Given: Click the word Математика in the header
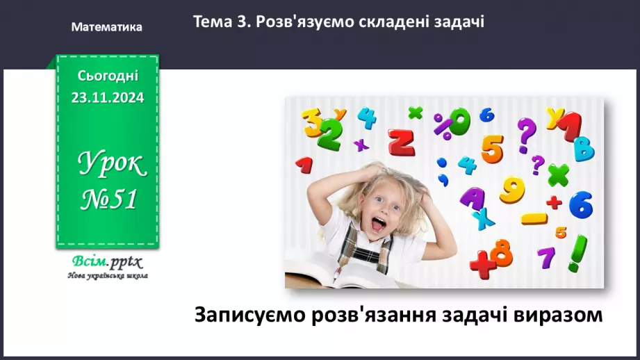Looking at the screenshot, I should coord(106,27).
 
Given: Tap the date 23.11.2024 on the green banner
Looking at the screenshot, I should coord(107,98).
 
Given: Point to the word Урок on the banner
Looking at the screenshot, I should coord(111,165).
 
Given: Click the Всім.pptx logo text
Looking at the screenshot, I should coord(106,262).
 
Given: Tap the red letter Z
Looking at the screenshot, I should coord(401,142).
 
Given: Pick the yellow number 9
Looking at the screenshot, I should coord(513,189).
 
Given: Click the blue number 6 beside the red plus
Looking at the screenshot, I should coord(580,204).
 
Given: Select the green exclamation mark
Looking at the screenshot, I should coord(576,254).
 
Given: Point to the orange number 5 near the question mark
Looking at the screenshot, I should coord(491,147).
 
